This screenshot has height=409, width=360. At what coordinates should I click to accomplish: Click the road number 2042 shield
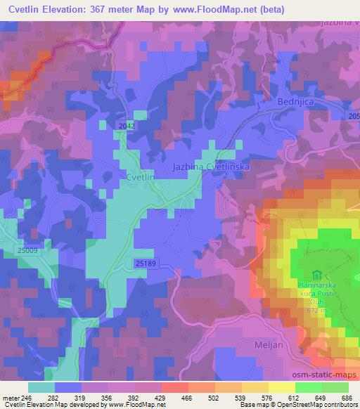point(127,125)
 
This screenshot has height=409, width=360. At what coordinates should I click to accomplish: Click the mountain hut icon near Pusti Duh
point(316,275)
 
